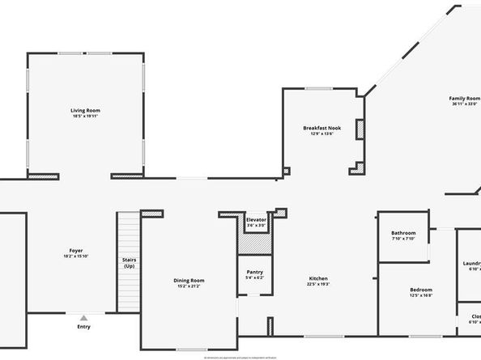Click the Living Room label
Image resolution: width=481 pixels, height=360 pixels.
pyautogui.click(x=86, y=110)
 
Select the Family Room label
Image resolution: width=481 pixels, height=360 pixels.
pyautogui.click(x=465, y=98)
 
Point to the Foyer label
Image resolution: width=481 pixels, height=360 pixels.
pyautogui.click(x=76, y=251)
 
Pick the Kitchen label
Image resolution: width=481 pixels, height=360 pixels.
pyautogui.click(x=317, y=278)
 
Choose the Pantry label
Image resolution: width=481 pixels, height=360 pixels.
pyautogui.click(x=255, y=273)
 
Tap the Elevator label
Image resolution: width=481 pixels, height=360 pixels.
pyautogui.click(x=256, y=219)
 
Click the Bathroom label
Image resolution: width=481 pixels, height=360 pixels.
pyautogui.click(x=403, y=233)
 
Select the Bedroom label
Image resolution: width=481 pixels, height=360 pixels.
pyautogui.click(x=420, y=290)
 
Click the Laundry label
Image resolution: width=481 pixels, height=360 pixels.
pyautogui.click(x=471, y=263)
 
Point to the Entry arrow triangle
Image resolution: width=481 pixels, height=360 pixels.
pyautogui.click(x=83, y=317)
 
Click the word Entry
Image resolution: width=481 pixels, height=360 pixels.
pyautogui.click(x=83, y=327)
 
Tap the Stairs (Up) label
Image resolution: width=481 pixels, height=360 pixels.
pyautogui.click(x=129, y=263)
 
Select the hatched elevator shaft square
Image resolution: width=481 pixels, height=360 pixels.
pyautogui.click(x=256, y=242)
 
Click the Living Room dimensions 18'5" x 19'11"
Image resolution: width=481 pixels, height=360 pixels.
pyautogui.click(x=86, y=116)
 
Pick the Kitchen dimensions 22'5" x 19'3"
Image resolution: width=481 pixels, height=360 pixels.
pyautogui.click(x=317, y=285)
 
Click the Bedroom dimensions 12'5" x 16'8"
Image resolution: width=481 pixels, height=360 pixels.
pyautogui.click(x=420, y=296)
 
